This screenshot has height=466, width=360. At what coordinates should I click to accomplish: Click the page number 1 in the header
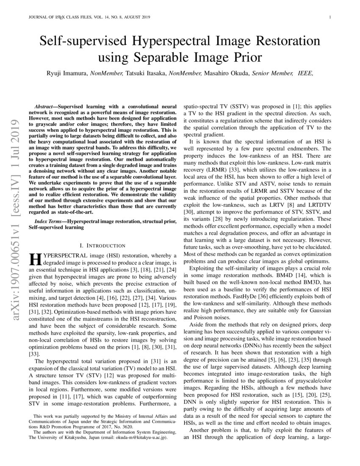coord(329,17)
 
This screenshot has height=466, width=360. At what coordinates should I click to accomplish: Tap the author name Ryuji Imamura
coord(67,74)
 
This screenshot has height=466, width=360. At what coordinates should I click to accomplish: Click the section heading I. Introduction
coord(102,245)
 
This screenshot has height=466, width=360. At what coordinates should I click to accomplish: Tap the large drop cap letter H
coord(35,260)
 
